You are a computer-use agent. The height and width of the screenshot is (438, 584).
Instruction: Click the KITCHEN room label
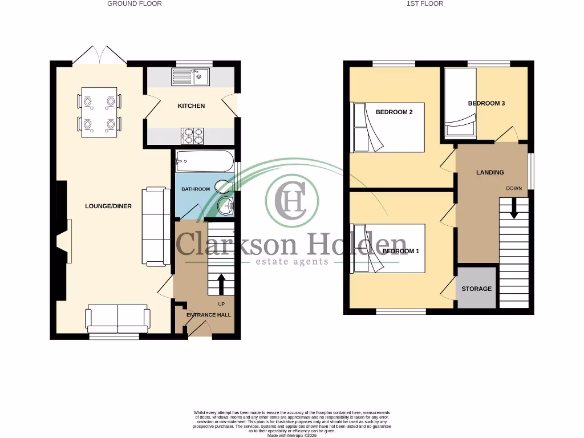[x=191, y=106]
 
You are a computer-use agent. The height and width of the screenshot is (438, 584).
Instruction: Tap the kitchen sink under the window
[x=192, y=76]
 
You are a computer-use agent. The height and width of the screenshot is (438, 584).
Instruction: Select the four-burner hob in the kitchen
[x=192, y=135]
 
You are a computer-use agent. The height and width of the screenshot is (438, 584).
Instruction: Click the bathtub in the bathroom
[x=205, y=161]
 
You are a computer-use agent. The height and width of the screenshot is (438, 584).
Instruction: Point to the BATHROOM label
[x=196, y=189]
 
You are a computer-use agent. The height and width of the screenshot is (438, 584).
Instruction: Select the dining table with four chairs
[x=99, y=112]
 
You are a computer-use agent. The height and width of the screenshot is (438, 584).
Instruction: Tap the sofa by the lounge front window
[x=117, y=318]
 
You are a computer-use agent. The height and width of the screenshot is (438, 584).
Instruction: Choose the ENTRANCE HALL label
[x=209, y=315]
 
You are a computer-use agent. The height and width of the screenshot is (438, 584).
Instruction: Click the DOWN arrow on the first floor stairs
[x=514, y=208]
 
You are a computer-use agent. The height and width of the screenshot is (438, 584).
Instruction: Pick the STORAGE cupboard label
[x=476, y=289]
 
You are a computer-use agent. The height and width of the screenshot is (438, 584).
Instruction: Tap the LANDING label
[x=490, y=172]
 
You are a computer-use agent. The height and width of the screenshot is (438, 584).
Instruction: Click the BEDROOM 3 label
[x=486, y=103]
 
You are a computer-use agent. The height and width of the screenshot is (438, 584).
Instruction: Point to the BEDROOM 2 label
[x=394, y=112]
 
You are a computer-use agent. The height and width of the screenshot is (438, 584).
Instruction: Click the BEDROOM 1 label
[x=400, y=251]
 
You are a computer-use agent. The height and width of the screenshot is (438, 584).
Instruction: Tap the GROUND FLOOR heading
[x=135, y=3]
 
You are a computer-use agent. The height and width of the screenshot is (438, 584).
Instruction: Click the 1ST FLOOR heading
[x=425, y=3]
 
